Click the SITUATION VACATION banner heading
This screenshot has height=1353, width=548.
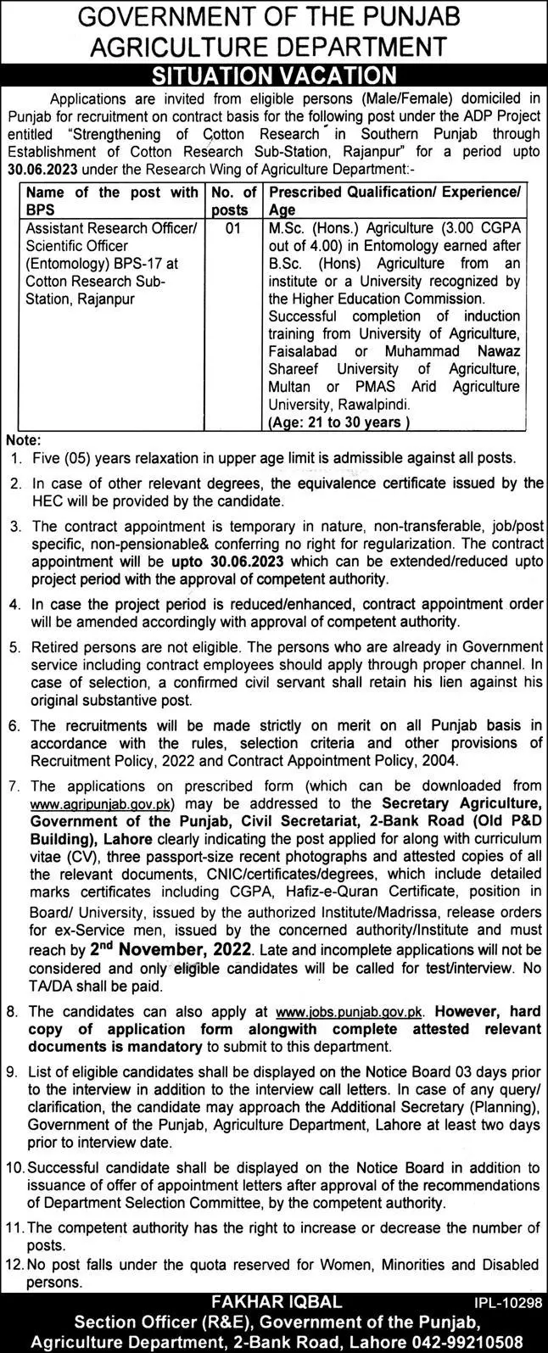(x=273, y=76)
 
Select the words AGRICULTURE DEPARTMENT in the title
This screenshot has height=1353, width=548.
(x=273, y=47)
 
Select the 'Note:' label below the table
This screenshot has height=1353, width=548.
(x=20, y=440)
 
